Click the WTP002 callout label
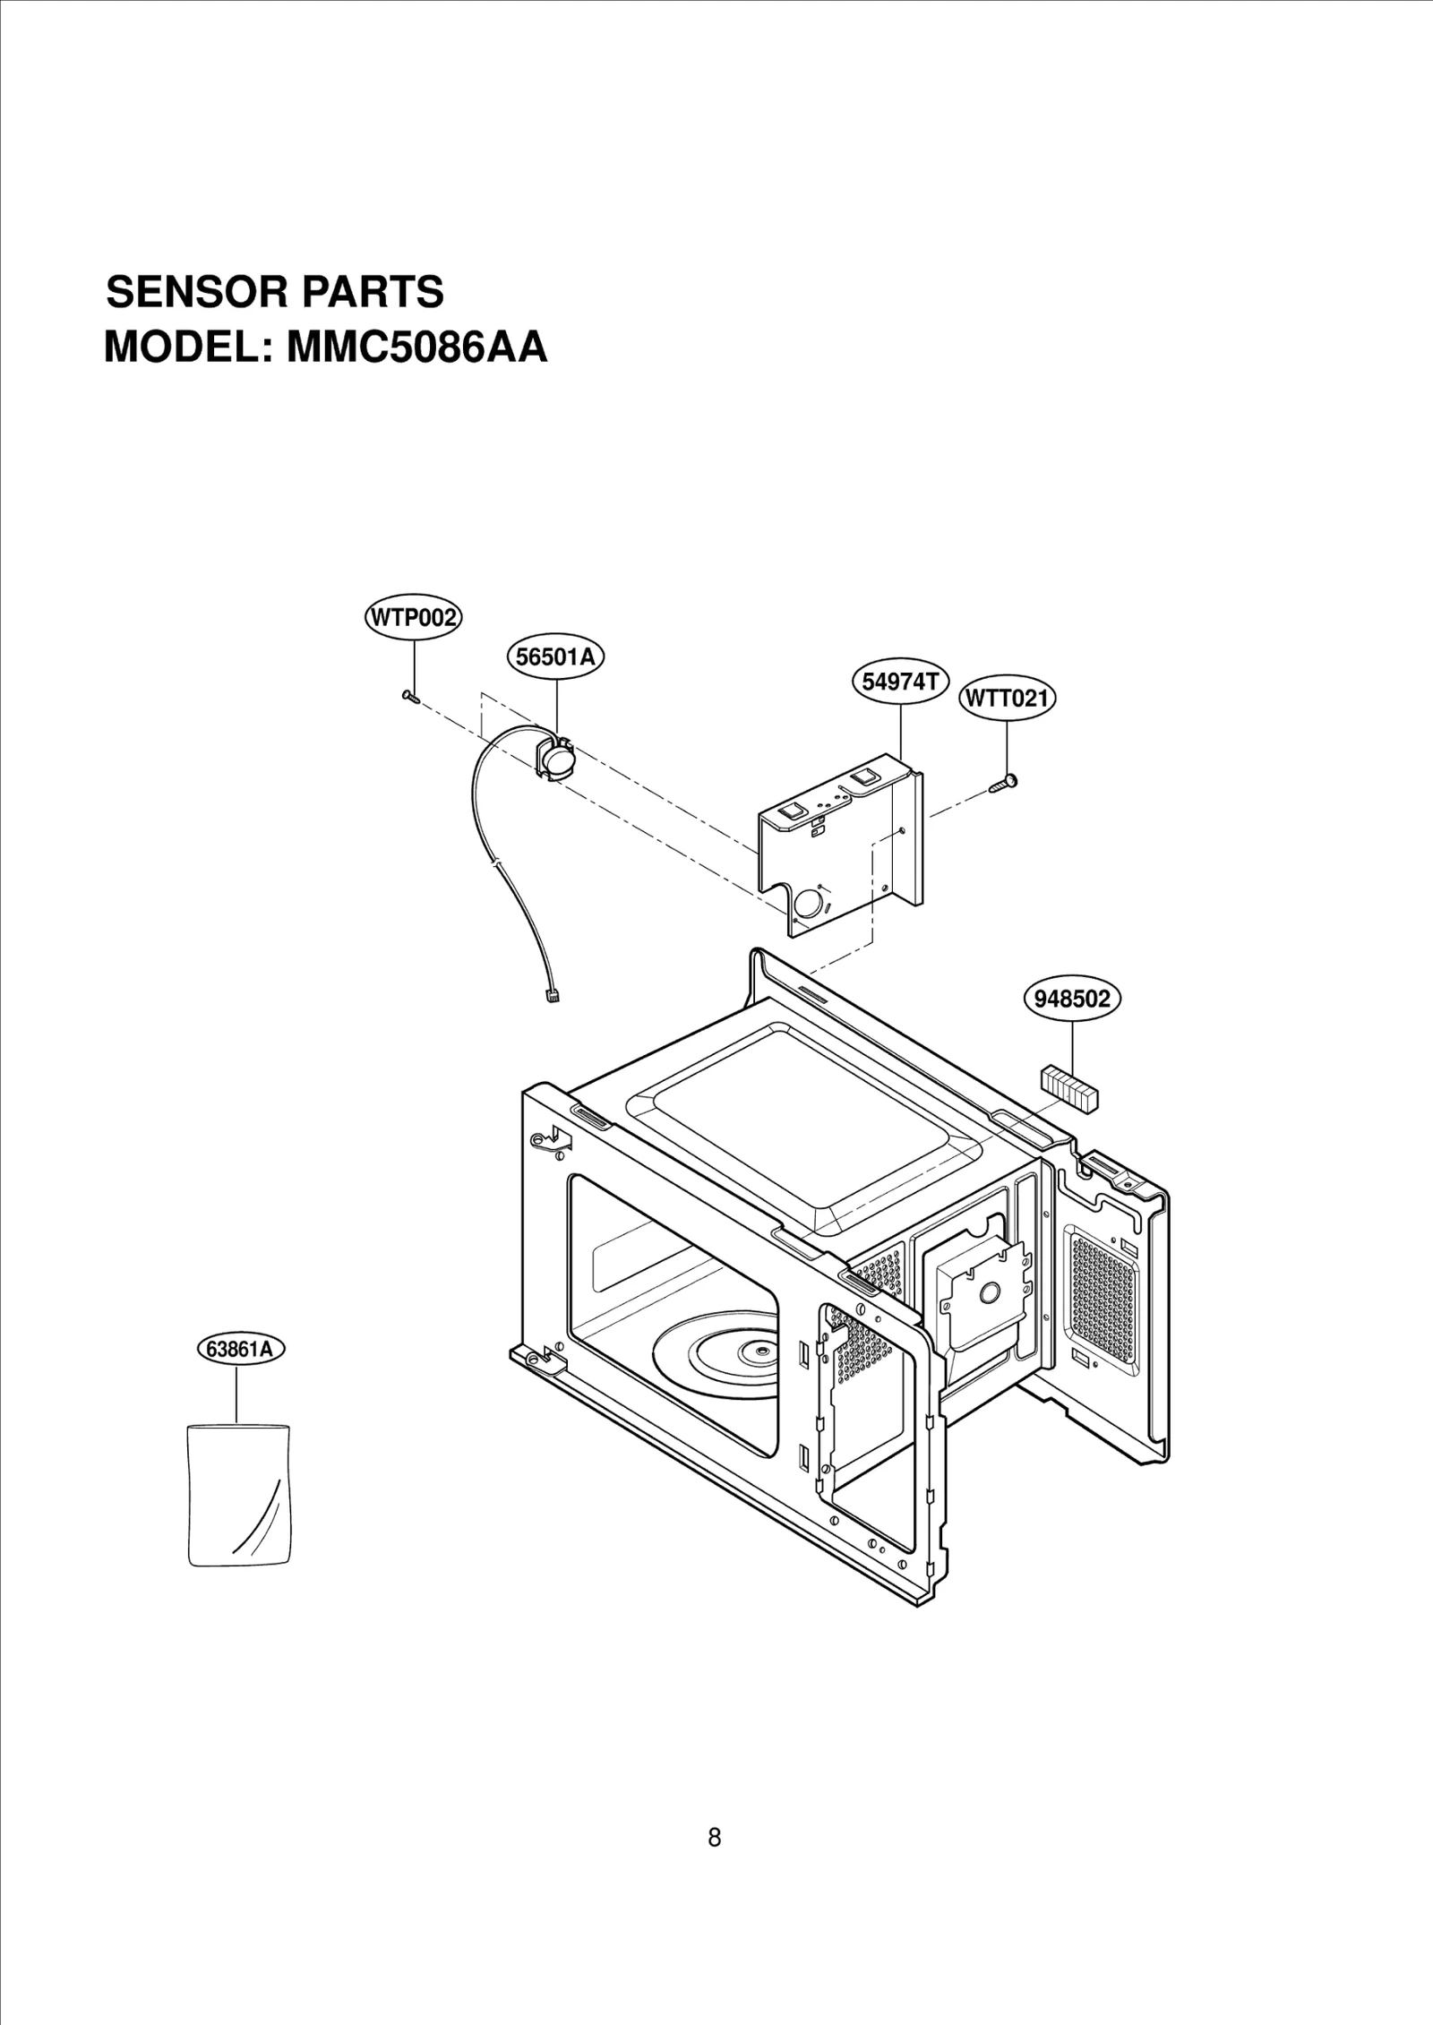413,618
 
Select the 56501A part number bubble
556,657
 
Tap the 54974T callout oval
899,682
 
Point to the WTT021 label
1007,699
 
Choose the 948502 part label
1072,998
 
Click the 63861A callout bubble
239,1374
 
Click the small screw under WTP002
411,696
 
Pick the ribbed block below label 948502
1068,1088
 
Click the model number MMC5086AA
416,348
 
